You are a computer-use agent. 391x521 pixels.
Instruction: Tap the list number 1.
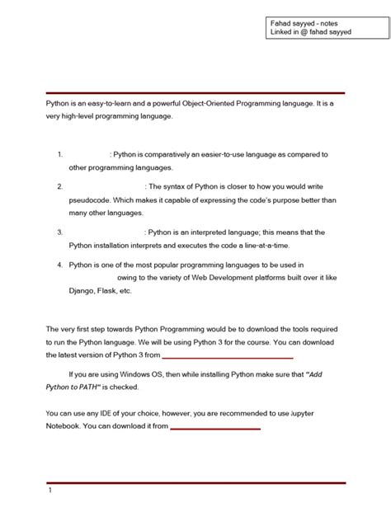point(61,154)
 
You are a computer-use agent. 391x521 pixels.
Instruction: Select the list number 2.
point(61,186)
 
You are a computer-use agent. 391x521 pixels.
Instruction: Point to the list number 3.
point(61,232)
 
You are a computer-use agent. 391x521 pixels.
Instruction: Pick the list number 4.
point(61,265)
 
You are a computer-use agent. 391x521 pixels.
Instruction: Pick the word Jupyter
point(321,413)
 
